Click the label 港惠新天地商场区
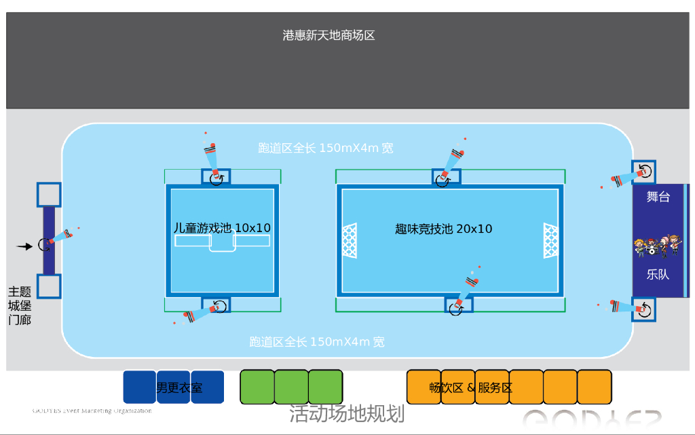329,35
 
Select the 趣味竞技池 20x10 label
444,229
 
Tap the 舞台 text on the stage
658,197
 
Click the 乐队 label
658,275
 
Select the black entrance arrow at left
24,246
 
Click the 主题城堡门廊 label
20,305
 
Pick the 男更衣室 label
180,388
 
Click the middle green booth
291,387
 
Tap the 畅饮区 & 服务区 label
471,388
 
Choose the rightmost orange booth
595,387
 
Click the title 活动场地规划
347,413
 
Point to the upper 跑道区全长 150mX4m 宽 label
326,148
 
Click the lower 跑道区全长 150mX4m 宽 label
317,342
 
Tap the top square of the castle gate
49,194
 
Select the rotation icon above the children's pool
217,178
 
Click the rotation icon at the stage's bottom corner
644,310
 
